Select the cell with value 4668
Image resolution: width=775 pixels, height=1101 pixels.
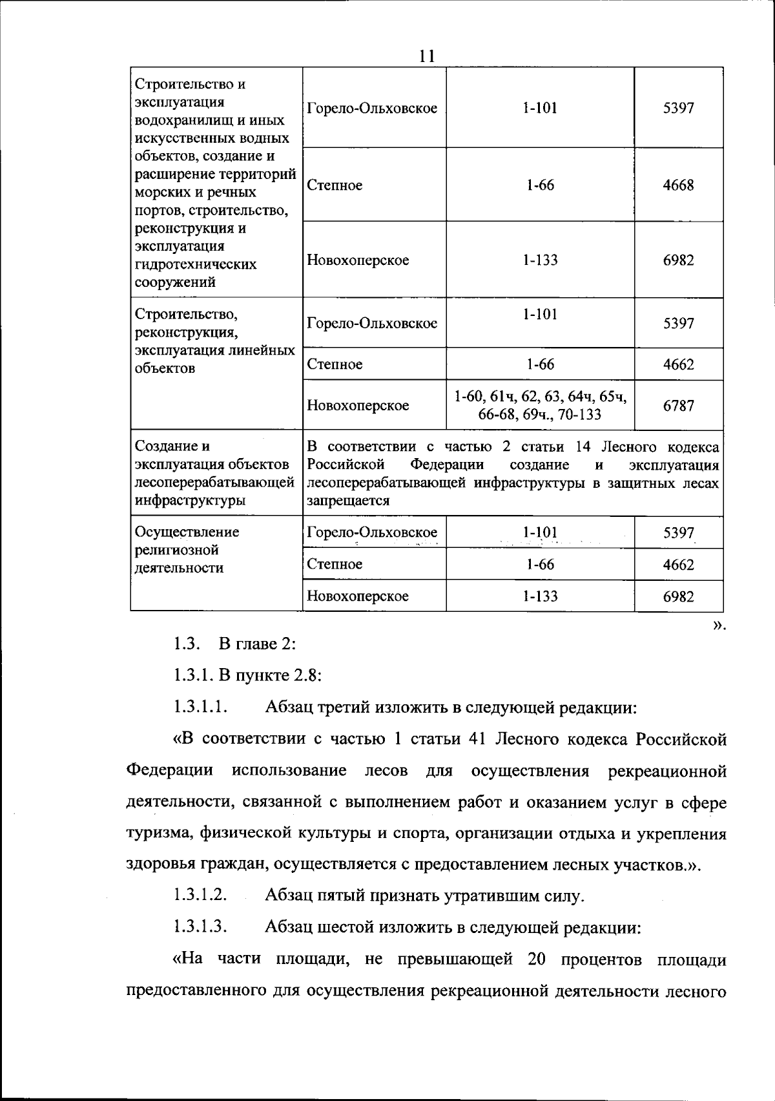click(678, 185)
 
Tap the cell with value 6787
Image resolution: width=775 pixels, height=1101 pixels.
click(678, 406)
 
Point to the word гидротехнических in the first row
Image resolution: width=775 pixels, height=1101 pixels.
click(196, 264)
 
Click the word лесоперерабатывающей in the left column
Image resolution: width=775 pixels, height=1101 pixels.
click(214, 483)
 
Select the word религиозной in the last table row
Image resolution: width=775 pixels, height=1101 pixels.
click(176, 550)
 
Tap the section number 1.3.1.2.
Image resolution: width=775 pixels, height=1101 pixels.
click(200, 896)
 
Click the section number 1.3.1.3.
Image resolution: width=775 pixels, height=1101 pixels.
click(200, 927)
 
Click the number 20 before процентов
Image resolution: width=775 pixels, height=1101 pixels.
click(537, 959)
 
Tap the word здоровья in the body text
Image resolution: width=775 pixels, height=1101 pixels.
click(158, 865)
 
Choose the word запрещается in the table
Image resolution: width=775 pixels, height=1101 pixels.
click(348, 501)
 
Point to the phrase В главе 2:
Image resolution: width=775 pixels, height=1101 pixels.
click(257, 644)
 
